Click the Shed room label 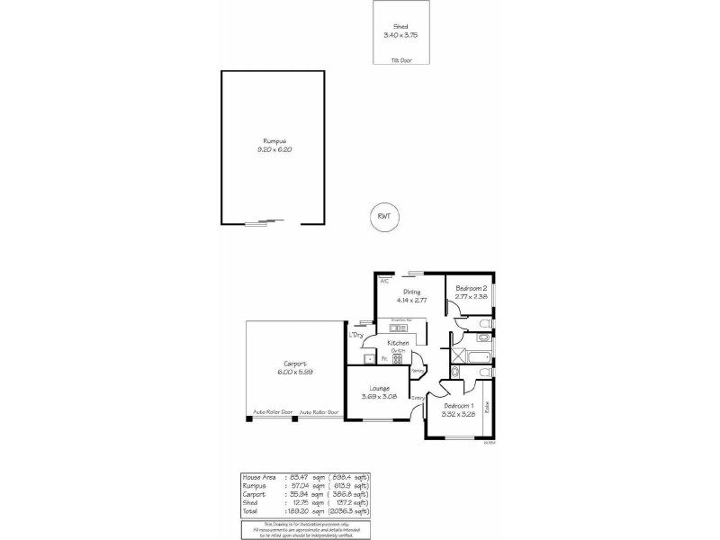click(x=400, y=27)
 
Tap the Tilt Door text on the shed click(x=400, y=60)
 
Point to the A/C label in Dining click(x=384, y=281)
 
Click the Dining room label click(x=411, y=292)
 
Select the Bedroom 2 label click(x=471, y=287)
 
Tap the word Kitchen click(x=399, y=344)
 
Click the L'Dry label click(x=356, y=335)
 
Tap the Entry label click(x=418, y=398)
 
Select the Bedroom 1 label click(x=458, y=406)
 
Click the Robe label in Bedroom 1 click(x=487, y=407)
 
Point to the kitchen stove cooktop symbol click(x=397, y=359)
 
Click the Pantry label click(x=417, y=370)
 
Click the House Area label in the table click(x=257, y=476)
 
